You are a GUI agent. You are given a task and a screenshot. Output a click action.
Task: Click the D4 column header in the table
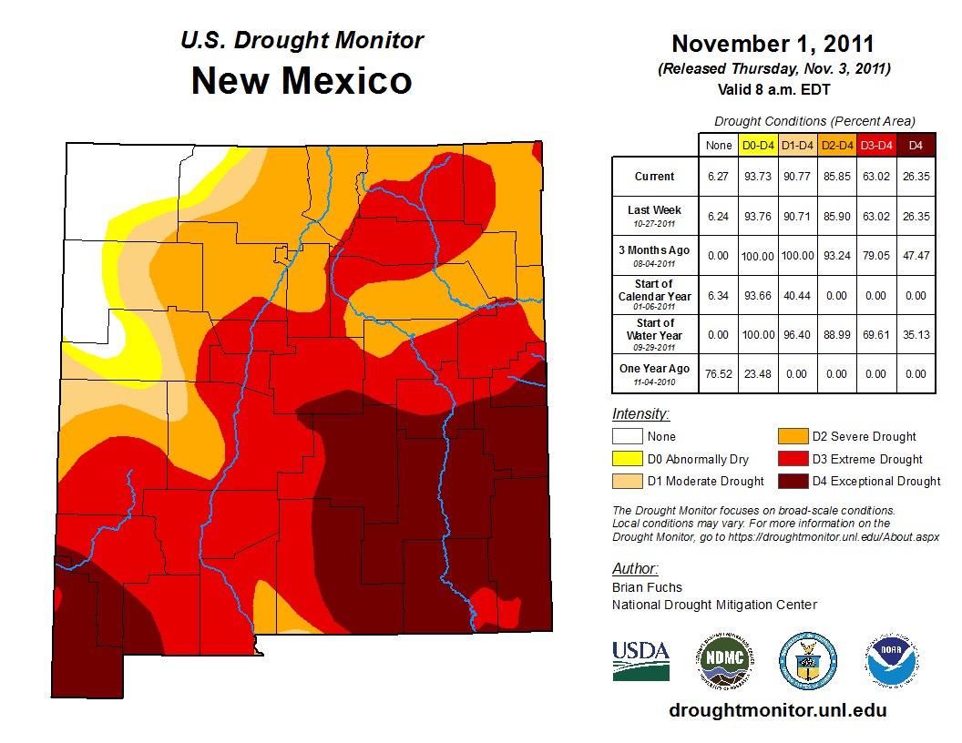coord(916,145)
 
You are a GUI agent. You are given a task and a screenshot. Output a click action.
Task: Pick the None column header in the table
coord(719,145)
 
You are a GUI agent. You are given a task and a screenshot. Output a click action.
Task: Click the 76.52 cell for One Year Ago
coord(719,374)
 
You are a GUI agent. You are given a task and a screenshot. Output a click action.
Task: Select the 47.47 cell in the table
coord(916,256)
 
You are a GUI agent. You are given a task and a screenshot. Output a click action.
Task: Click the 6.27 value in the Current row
coord(719,177)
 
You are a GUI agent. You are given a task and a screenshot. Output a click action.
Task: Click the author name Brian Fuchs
coord(647,587)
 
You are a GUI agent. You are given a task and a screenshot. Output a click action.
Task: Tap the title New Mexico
coord(302,81)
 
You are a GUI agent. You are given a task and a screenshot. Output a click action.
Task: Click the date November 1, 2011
coord(773,44)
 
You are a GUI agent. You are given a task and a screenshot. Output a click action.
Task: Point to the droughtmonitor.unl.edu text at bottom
coord(777,710)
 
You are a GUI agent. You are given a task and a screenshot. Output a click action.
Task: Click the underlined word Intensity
coord(640,414)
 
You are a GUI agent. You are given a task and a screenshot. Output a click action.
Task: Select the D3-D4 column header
coord(876,145)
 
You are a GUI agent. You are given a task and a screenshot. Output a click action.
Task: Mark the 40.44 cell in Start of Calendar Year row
coord(798,296)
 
